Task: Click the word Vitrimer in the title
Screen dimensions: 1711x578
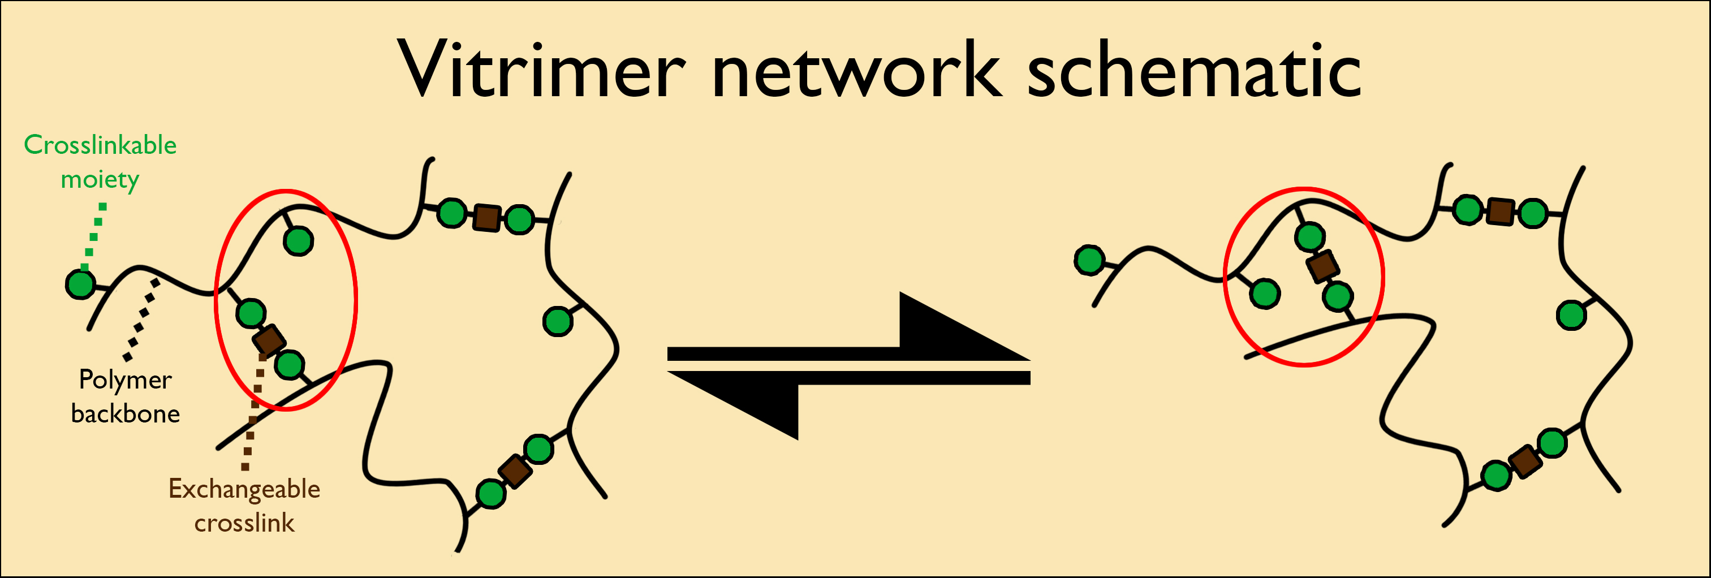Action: point(541,70)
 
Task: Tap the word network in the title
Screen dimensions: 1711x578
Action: point(856,70)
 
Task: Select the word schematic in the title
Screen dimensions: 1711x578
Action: point(1194,66)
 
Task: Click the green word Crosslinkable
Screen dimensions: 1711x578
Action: point(100,145)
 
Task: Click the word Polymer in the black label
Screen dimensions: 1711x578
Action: point(126,381)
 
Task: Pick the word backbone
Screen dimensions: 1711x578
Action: point(126,414)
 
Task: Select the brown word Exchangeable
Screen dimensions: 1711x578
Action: point(244,490)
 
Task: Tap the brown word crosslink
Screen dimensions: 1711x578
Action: point(244,523)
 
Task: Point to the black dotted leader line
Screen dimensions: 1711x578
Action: point(142,320)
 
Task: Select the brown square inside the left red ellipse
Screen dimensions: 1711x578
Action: point(270,340)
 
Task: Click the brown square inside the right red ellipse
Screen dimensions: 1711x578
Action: point(1323,266)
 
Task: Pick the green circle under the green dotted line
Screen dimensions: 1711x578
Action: point(81,284)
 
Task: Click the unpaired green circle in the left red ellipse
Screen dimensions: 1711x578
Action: point(298,240)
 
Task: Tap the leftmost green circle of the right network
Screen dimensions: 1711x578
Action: point(1090,260)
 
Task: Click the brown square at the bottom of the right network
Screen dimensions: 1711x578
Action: point(1525,461)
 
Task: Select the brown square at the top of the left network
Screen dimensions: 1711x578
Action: point(487,217)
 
